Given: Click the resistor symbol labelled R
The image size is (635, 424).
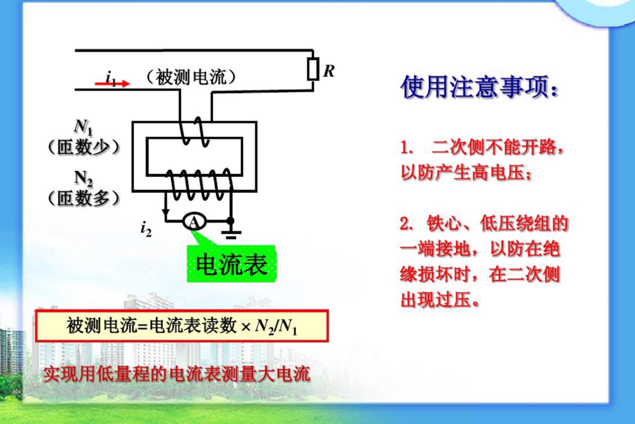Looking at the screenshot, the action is click(x=313, y=69).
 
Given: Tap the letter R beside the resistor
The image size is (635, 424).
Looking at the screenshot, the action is click(x=329, y=71).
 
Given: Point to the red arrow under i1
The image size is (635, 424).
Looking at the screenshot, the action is click(x=112, y=83).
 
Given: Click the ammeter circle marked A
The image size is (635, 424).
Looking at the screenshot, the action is click(x=194, y=221).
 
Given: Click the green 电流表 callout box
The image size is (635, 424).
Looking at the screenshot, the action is click(x=231, y=264).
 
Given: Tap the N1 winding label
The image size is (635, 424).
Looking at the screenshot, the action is click(x=83, y=128).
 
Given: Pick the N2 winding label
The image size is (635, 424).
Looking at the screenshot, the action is click(x=83, y=179).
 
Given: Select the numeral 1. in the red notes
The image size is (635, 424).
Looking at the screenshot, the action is click(x=407, y=148).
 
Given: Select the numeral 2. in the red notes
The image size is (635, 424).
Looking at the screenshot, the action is click(x=407, y=224).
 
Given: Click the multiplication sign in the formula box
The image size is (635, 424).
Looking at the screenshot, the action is click(x=246, y=328).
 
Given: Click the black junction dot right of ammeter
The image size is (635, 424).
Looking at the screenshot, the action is click(x=231, y=221).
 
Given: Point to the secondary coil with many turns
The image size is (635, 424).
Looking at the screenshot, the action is click(x=199, y=184).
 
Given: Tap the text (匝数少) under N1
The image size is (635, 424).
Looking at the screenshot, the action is click(x=83, y=147).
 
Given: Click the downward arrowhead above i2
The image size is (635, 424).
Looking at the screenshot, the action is click(x=165, y=212).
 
